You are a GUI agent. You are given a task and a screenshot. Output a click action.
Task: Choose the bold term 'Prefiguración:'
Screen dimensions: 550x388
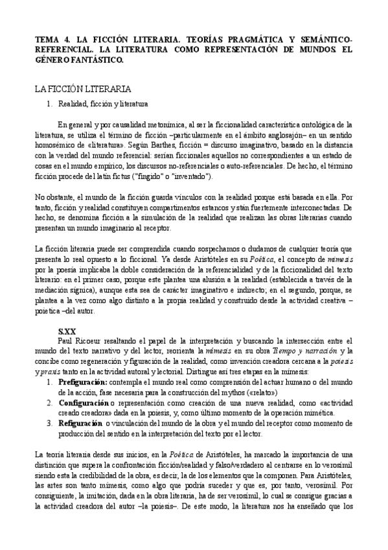[83, 384]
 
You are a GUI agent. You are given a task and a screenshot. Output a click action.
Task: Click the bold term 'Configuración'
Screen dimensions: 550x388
[83, 403]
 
